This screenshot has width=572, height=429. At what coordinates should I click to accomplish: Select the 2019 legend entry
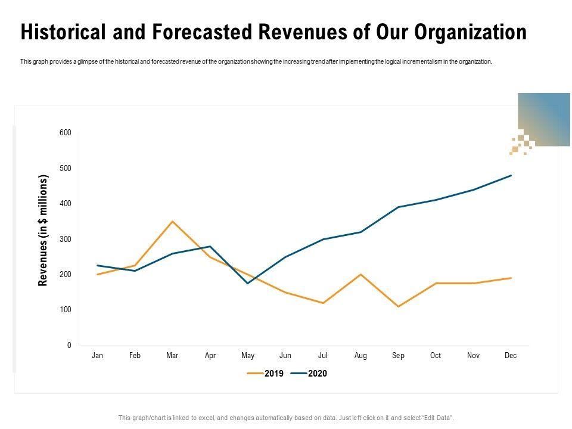(267, 374)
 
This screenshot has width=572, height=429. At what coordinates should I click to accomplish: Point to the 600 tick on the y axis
(65, 133)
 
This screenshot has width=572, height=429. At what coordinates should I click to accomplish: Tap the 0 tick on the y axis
(69, 346)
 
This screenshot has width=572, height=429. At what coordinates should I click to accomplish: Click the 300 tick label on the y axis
(65, 240)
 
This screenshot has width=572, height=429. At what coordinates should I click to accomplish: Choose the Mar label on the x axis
(172, 356)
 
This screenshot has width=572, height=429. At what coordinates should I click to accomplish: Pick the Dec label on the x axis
(511, 356)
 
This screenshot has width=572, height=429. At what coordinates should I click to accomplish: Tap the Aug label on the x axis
(360, 356)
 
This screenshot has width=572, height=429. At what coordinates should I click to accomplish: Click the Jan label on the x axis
(98, 356)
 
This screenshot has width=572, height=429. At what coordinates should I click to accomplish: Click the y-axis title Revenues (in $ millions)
(43, 231)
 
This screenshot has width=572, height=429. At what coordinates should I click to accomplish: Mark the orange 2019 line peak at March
(172, 222)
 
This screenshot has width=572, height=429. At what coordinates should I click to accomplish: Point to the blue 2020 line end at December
(511, 176)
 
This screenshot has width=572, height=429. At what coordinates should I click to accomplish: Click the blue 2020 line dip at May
(248, 283)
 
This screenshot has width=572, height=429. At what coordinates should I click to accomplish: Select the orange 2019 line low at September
(398, 306)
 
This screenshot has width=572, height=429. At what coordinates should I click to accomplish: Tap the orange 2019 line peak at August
(360, 275)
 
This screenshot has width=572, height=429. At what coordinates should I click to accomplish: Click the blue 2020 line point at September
(398, 207)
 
